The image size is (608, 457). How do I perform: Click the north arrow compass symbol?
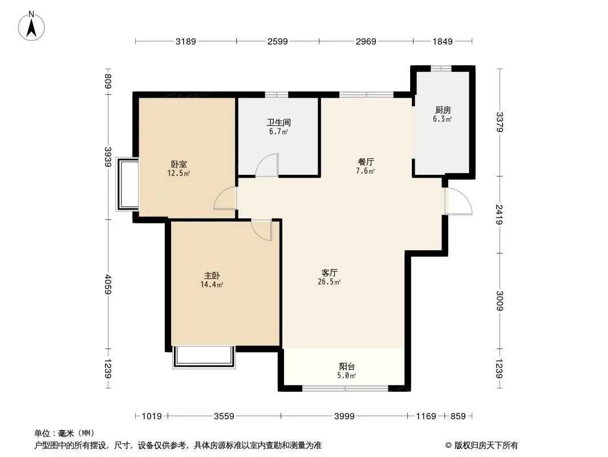click(x=31, y=26)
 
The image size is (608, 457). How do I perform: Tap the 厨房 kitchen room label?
click(x=443, y=110)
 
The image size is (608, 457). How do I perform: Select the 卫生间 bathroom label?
click(x=278, y=123)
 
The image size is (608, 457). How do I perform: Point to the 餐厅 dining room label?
click(x=366, y=162)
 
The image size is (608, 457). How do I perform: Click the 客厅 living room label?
click(x=329, y=273)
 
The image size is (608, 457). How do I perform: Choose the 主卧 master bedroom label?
click(x=212, y=276)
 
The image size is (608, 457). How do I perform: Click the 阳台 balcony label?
click(x=347, y=367)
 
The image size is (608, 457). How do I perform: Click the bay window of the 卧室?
click(x=127, y=184)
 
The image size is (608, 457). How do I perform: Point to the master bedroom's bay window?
click(x=204, y=357)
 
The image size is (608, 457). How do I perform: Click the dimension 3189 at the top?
click(x=186, y=41)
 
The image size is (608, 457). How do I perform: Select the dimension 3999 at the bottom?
click(x=344, y=416)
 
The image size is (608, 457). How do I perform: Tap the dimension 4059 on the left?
click(x=108, y=284)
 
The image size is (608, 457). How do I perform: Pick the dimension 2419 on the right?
click(x=499, y=214)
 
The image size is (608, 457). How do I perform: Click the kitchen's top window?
click(x=441, y=69)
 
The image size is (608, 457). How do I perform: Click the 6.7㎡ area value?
click(x=278, y=131)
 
